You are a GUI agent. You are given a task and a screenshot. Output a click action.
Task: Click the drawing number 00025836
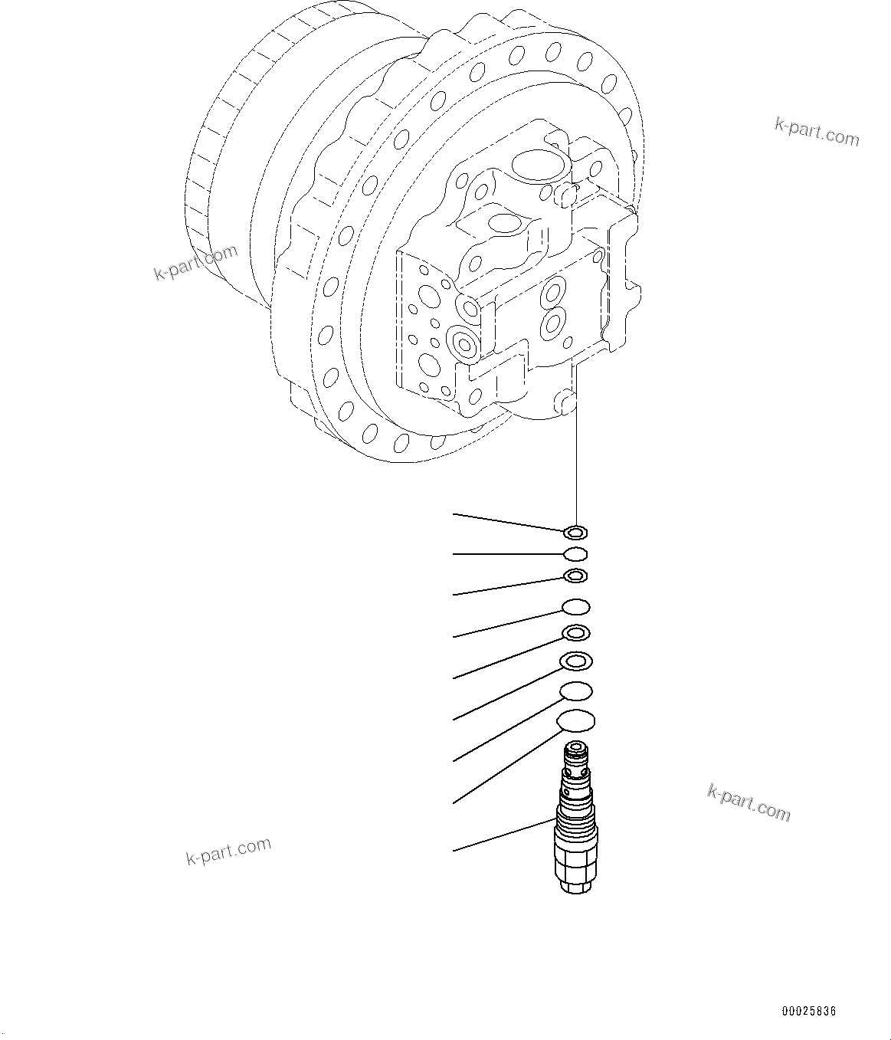pyautogui.click(x=808, y=1012)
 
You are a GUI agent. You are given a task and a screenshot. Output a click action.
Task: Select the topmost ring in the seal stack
pyautogui.click(x=575, y=532)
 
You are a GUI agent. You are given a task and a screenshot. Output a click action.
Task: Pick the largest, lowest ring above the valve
pyautogui.click(x=576, y=720)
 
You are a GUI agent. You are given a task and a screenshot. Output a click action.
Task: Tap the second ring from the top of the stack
pyautogui.click(x=575, y=554)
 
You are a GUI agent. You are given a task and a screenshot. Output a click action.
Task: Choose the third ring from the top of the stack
pyautogui.click(x=575, y=576)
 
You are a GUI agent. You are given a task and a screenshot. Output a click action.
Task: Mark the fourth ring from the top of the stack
pyautogui.click(x=575, y=607)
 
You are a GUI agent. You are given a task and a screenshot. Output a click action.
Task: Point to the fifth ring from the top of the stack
pyautogui.click(x=575, y=633)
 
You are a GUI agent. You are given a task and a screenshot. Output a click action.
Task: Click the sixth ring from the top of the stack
pyautogui.click(x=576, y=660)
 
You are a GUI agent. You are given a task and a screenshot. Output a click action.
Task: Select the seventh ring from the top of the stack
pyautogui.click(x=576, y=691)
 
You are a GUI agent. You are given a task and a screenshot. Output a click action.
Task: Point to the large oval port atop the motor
pyautogui.click(x=539, y=162)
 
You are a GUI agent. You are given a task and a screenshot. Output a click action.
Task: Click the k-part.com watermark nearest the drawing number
pyautogui.click(x=749, y=802)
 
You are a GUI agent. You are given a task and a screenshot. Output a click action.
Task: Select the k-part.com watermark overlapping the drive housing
pyautogui.click(x=196, y=262)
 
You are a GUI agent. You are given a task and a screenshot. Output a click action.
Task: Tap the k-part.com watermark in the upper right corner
pyautogui.click(x=817, y=132)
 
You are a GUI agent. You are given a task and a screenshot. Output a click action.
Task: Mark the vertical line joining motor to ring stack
pyautogui.click(x=575, y=468)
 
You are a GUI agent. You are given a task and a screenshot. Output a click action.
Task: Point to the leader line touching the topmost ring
pyautogui.click(x=509, y=522)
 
